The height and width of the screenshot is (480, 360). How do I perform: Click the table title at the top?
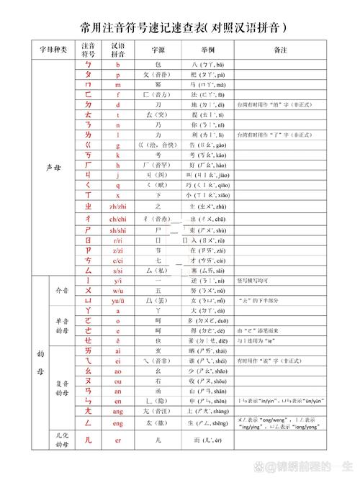click(179, 27)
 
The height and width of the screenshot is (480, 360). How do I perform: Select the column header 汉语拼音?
click(117, 50)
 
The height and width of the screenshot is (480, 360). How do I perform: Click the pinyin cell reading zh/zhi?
click(117, 206)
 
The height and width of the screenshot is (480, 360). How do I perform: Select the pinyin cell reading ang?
click(117, 411)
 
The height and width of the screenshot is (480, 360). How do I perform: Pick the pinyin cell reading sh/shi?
click(117, 230)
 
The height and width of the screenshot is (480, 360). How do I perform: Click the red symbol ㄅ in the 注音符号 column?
click(88, 65)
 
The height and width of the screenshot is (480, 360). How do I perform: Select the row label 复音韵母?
click(62, 387)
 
